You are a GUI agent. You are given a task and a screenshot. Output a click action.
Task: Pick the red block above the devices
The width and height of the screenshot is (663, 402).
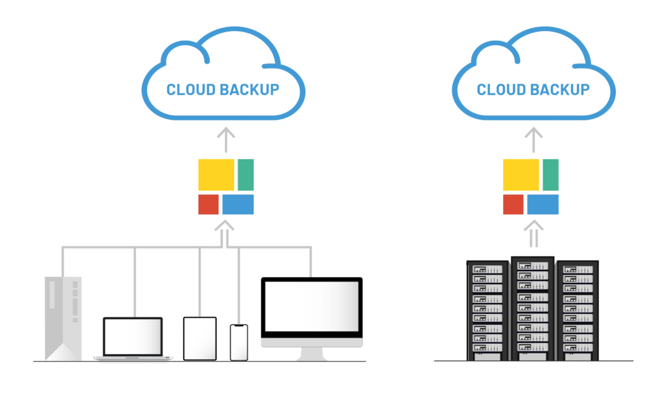point(209,205)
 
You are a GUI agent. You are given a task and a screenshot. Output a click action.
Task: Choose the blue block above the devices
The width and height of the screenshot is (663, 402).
point(240,205)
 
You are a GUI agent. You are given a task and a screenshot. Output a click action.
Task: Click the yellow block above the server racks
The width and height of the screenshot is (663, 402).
point(522,175)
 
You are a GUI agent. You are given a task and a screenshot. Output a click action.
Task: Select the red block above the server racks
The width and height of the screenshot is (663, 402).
point(513,205)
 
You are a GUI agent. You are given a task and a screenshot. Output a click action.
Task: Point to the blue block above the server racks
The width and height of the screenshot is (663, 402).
point(543,205)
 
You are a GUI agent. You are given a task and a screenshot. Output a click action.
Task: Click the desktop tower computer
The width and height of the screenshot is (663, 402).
point(62,317)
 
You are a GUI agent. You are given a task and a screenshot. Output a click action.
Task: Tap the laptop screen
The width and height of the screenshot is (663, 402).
point(134,337)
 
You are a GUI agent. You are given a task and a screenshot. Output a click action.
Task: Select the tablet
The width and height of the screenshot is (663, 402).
point(199,338)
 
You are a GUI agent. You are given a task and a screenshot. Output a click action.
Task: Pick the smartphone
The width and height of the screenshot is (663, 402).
point(239,341)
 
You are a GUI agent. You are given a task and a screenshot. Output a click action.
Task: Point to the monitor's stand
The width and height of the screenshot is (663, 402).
point(313,353)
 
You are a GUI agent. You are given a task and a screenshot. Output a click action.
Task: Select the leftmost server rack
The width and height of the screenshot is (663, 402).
point(488,311)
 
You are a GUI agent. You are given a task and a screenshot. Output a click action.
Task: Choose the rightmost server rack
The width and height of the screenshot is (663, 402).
point(579,311)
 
